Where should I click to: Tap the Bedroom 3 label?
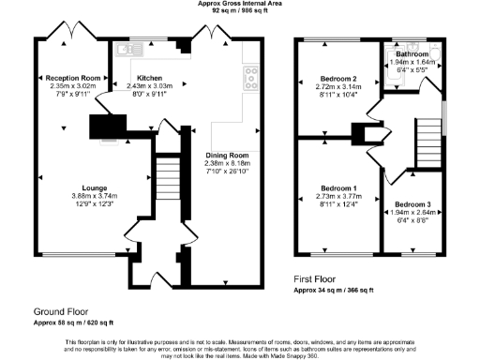click(412, 203)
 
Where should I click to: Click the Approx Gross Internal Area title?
click(241, 4)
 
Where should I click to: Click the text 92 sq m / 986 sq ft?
click(240, 11)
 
